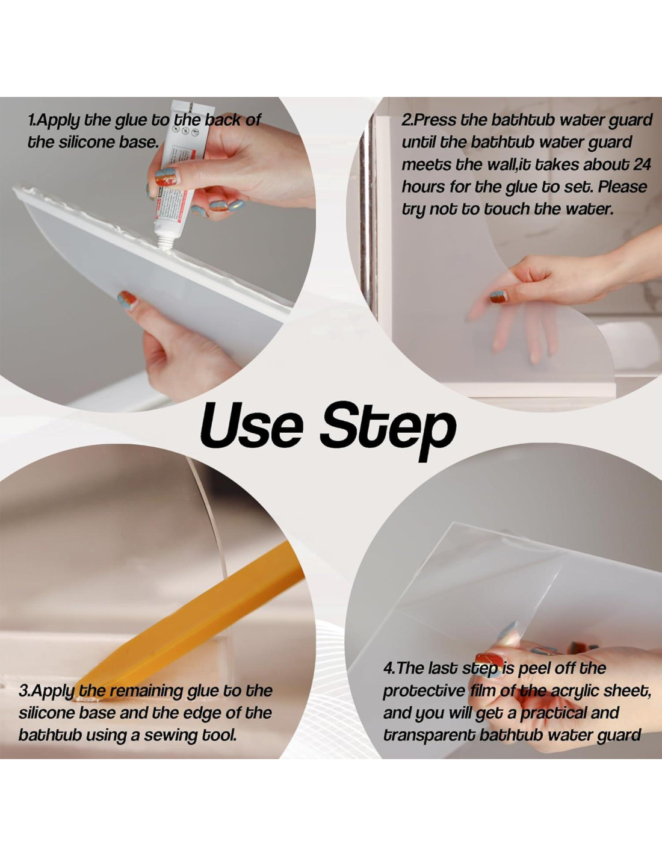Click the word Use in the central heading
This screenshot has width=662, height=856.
click(252, 427)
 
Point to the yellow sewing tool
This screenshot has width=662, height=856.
click(189, 618)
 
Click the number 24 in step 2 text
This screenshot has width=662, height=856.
click(642, 164)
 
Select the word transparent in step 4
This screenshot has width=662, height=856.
click(429, 736)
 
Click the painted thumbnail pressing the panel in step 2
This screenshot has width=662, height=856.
click(498, 297)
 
